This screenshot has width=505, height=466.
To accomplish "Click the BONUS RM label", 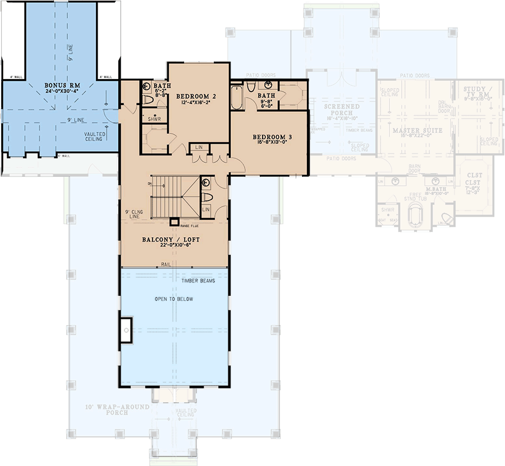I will (x=61, y=86).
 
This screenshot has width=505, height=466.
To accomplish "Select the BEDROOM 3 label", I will (x=273, y=137).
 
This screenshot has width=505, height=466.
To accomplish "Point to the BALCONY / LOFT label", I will (x=171, y=240).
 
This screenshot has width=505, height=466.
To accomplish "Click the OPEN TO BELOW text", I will (x=174, y=299).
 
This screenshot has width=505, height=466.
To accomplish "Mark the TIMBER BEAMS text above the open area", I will (x=199, y=280).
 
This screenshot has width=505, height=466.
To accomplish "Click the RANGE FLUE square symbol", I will (x=175, y=221).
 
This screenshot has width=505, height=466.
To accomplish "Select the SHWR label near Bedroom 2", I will (x=153, y=119).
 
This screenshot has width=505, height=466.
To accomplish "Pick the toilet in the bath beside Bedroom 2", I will (x=147, y=99).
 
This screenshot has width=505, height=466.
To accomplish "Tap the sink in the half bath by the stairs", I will (x=205, y=182).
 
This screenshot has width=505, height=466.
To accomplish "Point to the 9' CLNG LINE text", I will (x=135, y=214).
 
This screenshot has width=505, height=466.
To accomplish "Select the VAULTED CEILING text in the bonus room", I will (x=94, y=136).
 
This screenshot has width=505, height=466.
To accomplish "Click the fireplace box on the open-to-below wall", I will (x=126, y=330).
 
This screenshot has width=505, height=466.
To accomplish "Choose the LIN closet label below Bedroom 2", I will (x=199, y=148).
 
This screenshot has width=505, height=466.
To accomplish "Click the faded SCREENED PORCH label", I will (x=342, y=109).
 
